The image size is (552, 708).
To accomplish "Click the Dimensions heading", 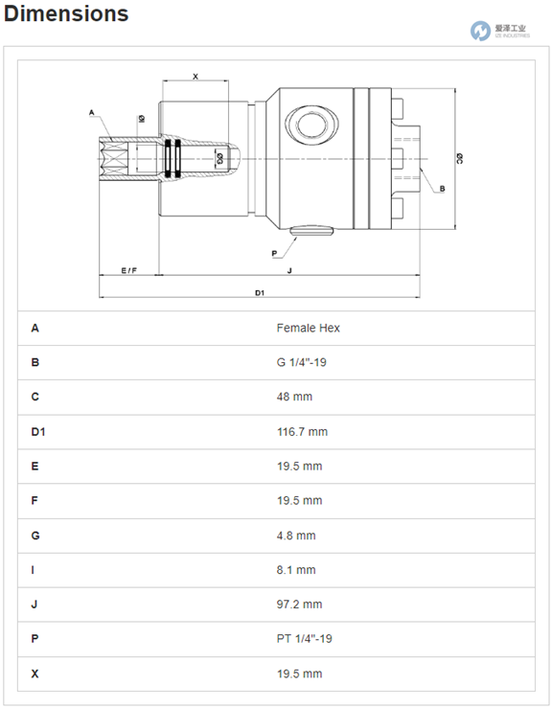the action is (x=66, y=13).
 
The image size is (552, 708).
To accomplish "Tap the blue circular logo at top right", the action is (x=480, y=31).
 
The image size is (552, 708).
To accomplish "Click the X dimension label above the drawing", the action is (x=195, y=77).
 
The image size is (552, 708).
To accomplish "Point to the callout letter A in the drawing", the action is (x=92, y=112).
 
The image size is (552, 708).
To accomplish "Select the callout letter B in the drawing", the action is (x=442, y=189).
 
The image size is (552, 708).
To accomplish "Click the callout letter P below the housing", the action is (x=274, y=254).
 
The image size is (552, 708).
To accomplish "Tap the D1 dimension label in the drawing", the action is (x=260, y=293).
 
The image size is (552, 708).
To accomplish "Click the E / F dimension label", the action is (x=128, y=270).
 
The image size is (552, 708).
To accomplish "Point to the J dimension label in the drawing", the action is (x=289, y=270).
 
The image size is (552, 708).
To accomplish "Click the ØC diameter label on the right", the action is (x=459, y=158).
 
